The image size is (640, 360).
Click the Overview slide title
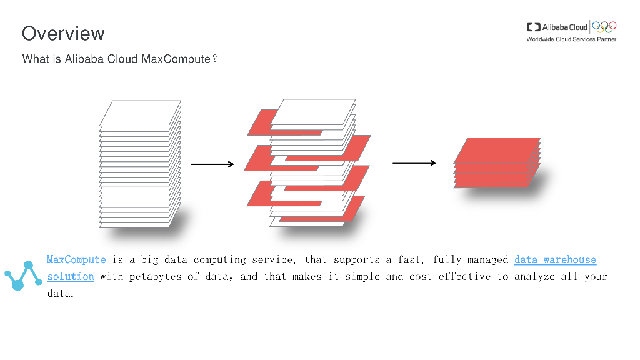coord(63,33)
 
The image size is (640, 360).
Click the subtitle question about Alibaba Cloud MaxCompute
coord(119,59)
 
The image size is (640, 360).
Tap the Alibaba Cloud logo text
coord(564,27)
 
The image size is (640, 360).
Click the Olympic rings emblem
coord(604,26)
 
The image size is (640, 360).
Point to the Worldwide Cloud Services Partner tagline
coord(571,39)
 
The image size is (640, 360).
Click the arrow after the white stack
coord(212,164)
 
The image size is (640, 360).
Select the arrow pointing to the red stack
coord(414,163)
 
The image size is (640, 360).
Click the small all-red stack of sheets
coord(497,162)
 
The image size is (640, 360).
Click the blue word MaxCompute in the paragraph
coord(76,259)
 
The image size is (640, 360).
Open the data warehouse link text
coord(555,259)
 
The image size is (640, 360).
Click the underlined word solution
coord(71,276)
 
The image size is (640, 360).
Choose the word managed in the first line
coord(486,259)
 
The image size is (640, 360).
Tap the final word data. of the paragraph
coord(61,292)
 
